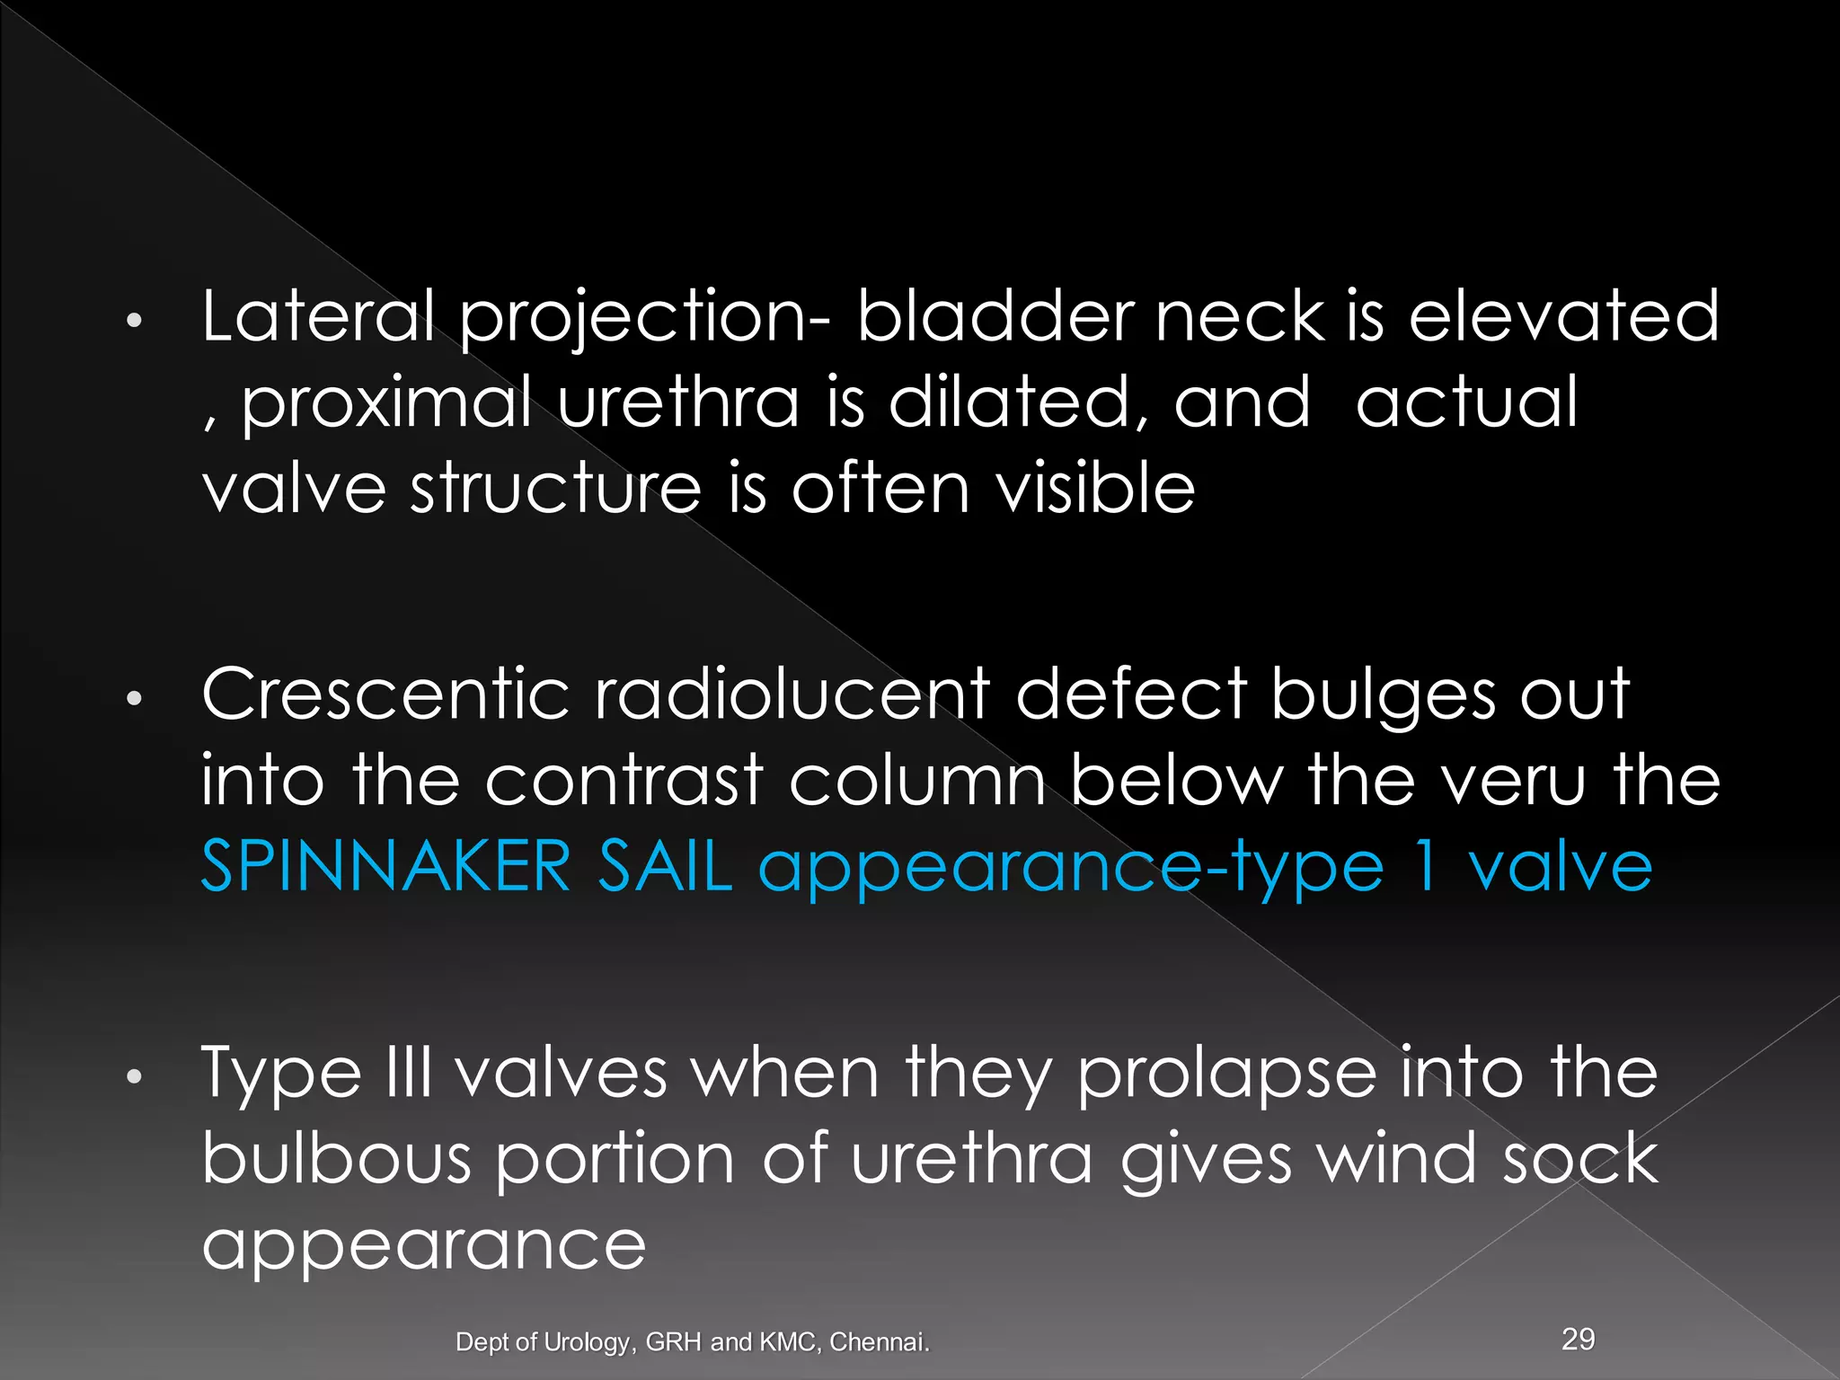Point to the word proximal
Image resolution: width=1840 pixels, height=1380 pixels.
386,404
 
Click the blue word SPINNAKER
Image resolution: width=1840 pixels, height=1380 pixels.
385,866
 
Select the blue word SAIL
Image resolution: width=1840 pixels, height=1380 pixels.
664,866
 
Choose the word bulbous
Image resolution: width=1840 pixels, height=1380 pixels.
336,1158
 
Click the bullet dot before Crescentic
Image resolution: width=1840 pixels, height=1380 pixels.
134,699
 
